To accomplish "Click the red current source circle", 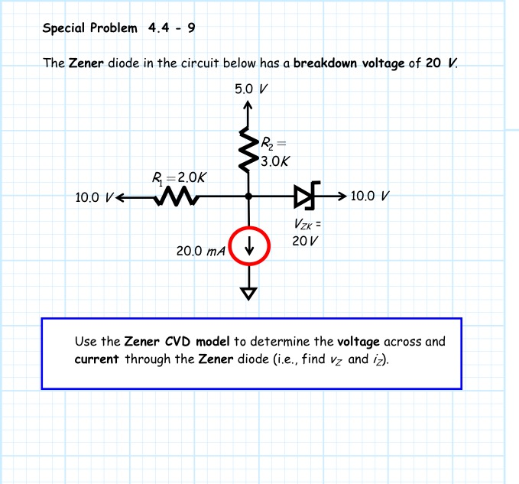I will (248, 245).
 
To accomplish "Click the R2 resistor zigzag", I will (248, 147).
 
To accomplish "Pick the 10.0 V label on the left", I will (94, 198).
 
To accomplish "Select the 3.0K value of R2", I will (274, 161).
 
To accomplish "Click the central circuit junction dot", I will (248, 197).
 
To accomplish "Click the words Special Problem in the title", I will (90, 28).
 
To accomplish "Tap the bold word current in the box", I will (96, 358).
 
